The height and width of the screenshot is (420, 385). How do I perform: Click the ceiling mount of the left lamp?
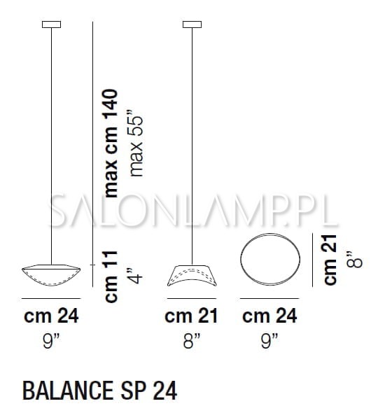click(51, 24)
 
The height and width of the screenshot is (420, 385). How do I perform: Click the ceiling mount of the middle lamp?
click(192, 24)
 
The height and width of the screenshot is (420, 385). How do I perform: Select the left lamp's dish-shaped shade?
click(51, 275)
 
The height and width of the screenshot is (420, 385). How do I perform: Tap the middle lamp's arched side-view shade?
click(192, 276)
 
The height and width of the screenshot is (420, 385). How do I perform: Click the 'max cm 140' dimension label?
click(111, 143)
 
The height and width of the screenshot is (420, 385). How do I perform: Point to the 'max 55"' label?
click(136, 143)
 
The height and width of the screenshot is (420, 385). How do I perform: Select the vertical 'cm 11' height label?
click(111, 277)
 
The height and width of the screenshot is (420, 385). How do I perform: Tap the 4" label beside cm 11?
click(135, 274)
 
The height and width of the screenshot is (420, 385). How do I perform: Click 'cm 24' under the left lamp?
click(51, 316)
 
